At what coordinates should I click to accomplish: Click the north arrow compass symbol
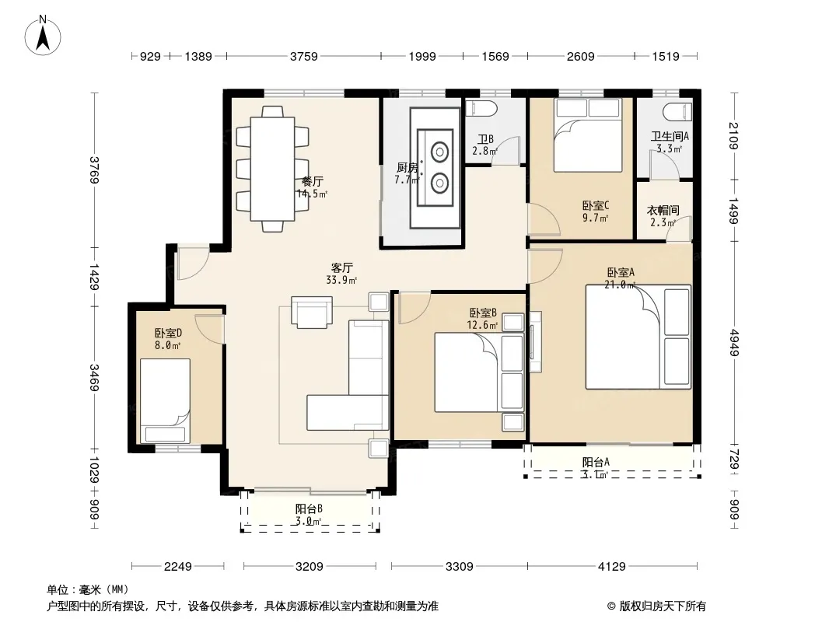click(x=42, y=36)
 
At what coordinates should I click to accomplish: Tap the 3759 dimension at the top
click(x=304, y=56)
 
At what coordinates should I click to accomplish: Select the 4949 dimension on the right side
click(x=733, y=342)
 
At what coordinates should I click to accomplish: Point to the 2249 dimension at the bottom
click(x=177, y=567)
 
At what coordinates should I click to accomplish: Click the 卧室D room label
click(x=168, y=334)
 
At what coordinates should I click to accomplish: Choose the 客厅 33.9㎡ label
click(x=341, y=274)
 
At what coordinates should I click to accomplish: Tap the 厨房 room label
click(x=407, y=168)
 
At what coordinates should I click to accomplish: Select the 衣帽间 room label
click(x=663, y=211)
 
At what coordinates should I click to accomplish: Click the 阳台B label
click(x=309, y=509)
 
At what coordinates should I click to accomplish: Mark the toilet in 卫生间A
click(x=677, y=113)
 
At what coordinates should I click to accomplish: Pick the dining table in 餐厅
click(x=272, y=169)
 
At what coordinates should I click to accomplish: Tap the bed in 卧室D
click(x=165, y=400)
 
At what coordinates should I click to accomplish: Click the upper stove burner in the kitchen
click(x=439, y=152)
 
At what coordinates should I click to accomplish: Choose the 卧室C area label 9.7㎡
click(x=596, y=218)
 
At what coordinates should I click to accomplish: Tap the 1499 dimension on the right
click(x=733, y=211)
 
